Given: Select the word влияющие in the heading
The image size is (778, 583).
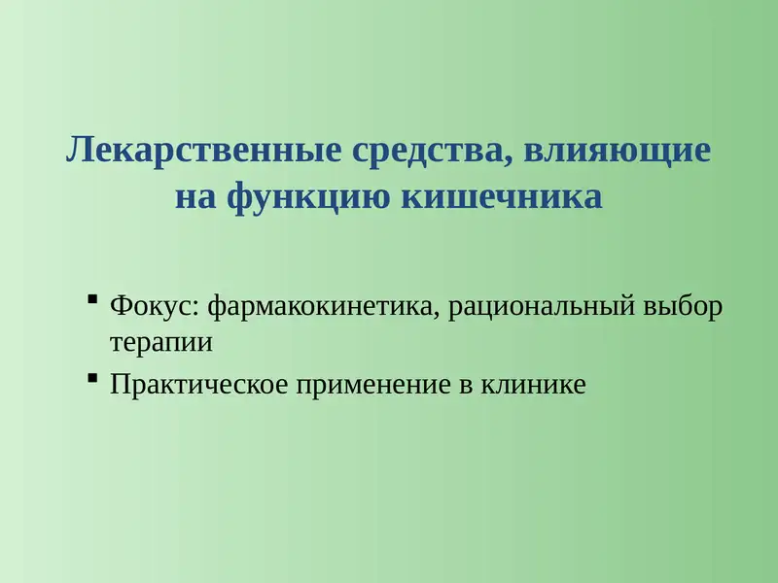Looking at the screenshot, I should (618, 152).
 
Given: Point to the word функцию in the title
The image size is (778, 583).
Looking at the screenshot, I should (309, 196).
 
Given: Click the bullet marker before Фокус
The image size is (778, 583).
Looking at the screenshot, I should (92, 299).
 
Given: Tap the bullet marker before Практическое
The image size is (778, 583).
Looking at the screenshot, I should (92, 377).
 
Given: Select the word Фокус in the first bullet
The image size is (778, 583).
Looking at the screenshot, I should (153, 307).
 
